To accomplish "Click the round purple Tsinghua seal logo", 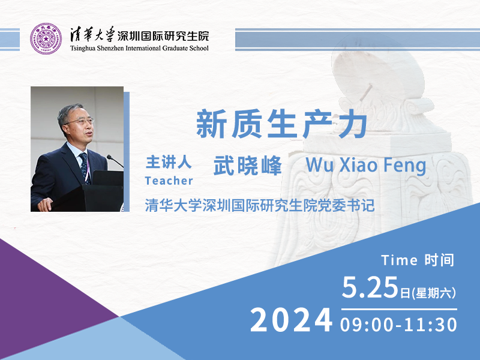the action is point(46,38).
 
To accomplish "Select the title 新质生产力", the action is point(281,124).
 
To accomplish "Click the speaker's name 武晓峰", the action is point(247,166).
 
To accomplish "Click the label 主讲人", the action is point(169,162).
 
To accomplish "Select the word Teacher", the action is point(169,181).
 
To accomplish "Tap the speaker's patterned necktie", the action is point(85,168).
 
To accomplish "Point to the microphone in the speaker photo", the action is point(115,161).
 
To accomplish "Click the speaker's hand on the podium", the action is point(45,205).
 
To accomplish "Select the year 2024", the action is point(291,320).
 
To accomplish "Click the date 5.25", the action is point(370,287).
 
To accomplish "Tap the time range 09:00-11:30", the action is point(398,325).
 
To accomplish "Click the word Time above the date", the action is point(399,260).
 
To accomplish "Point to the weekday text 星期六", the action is point(433,293).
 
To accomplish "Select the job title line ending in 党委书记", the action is point(260,205).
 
